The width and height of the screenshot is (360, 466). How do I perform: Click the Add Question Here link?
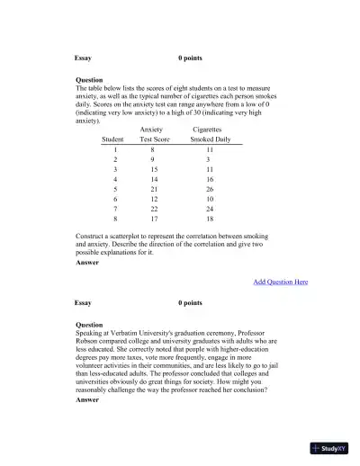pos(280,282)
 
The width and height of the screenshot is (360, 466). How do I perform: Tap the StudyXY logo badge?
pos(331,447)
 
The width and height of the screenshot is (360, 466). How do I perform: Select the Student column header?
pos(113,139)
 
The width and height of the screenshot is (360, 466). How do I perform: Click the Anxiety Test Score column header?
pos(158,135)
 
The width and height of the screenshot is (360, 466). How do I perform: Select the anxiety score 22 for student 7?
pos(154,207)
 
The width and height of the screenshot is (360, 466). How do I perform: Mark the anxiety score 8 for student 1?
pos(153,148)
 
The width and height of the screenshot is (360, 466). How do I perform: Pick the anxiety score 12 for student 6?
pos(154,198)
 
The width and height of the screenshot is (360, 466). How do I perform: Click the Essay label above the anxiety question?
pos(84,58)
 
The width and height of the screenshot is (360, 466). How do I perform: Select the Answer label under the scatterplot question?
pos(88,263)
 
